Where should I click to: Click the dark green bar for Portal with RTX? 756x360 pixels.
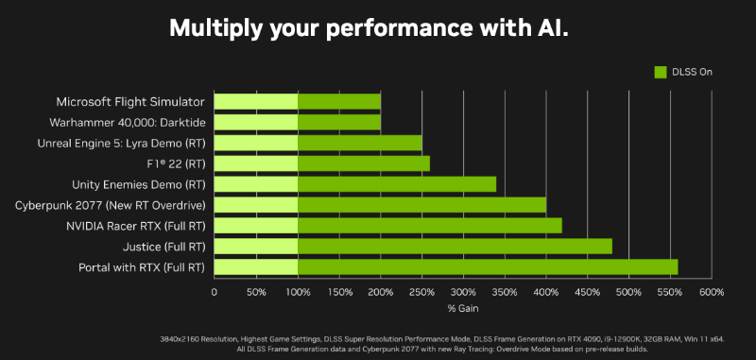pyautogui.click(x=488, y=267)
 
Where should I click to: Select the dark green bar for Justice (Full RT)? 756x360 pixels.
pyautogui.click(x=455, y=247)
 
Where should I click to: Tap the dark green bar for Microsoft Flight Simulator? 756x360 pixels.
pyautogui.click(x=339, y=101)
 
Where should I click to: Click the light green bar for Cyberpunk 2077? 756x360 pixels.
pyautogui.click(x=256, y=205)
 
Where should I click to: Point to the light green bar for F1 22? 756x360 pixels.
pyautogui.click(x=256, y=163)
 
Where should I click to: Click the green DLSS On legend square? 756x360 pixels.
pyautogui.click(x=661, y=72)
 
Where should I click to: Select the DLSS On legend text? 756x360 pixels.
pyautogui.click(x=693, y=72)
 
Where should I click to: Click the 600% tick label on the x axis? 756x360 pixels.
pyautogui.click(x=711, y=292)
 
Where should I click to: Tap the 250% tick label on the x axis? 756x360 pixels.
pyautogui.click(x=421, y=292)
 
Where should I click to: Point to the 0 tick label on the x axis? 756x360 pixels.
pyautogui.click(x=215, y=292)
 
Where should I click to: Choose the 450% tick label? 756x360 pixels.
pyautogui.click(x=587, y=292)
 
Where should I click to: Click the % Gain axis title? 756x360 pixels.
pyautogui.click(x=462, y=308)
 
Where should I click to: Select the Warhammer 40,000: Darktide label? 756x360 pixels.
pyautogui.click(x=128, y=122)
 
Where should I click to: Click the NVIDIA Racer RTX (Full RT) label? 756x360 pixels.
pyautogui.click(x=135, y=226)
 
